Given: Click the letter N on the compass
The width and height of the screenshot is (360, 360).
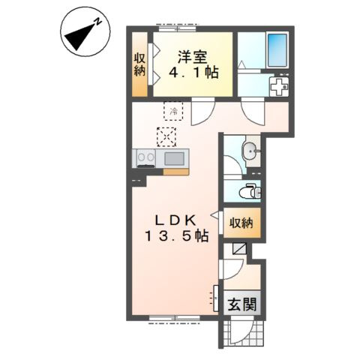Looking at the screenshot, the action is click(x=98, y=21).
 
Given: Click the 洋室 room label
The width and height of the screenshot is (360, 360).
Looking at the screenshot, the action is click(x=193, y=57).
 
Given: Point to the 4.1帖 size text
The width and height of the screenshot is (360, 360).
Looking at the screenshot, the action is click(x=193, y=73).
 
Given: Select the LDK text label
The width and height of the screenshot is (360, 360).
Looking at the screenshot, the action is click(x=175, y=220).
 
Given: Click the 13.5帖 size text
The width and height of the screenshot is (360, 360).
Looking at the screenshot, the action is click(x=176, y=236).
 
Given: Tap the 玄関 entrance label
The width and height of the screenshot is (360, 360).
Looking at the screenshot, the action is click(x=242, y=304).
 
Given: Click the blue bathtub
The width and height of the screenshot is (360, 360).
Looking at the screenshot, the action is click(x=277, y=49).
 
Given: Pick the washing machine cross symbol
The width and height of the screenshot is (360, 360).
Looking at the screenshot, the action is click(x=279, y=87).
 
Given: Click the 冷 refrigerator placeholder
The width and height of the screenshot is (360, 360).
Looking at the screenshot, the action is click(x=173, y=111).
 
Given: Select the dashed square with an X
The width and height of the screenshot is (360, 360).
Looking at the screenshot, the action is click(x=166, y=137).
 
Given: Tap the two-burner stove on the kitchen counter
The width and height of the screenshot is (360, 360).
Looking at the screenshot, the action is click(x=145, y=157).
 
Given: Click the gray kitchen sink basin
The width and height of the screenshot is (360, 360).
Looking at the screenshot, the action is click(x=174, y=158).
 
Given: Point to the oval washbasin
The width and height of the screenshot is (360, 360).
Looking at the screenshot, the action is click(x=250, y=151).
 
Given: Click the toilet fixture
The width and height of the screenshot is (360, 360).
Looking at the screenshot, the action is click(x=250, y=192).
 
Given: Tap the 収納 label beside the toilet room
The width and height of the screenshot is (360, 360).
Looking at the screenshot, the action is click(x=241, y=223).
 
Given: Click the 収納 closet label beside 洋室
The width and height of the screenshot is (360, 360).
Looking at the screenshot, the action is click(x=139, y=64).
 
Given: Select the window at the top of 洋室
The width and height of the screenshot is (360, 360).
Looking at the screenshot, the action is click(x=177, y=28).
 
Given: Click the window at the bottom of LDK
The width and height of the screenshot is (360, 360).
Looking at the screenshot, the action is click(x=175, y=318).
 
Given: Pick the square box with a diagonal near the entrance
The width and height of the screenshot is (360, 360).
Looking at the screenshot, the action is click(x=239, y=248).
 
